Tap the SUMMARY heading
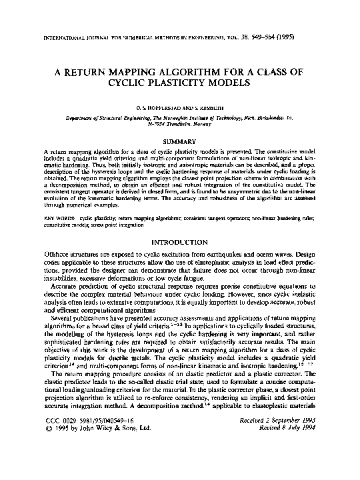point(180,141)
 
